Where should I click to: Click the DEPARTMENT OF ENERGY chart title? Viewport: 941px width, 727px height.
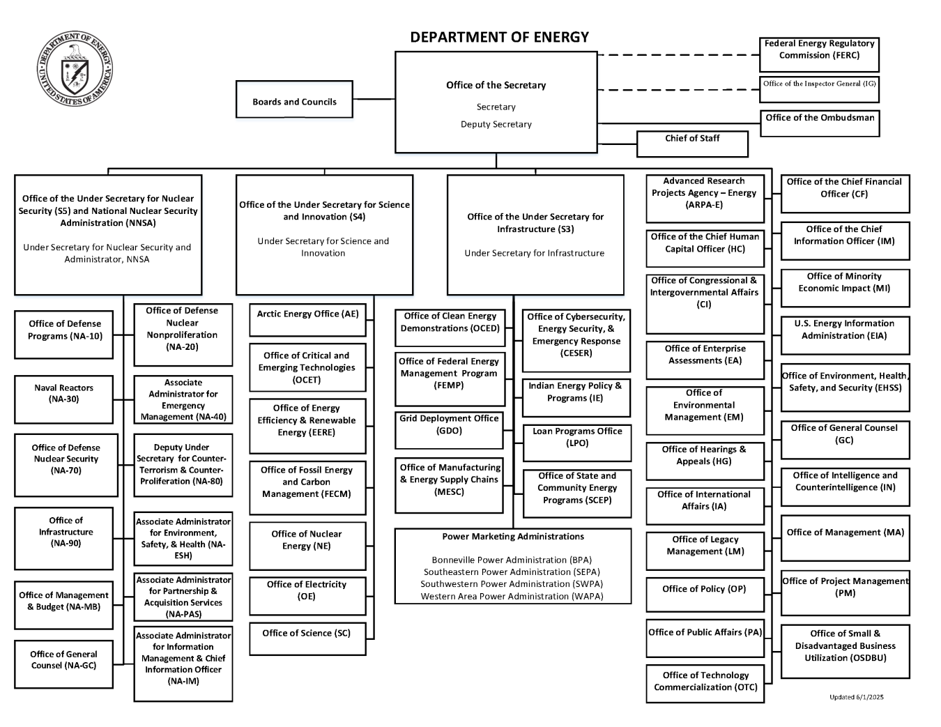[x=499, y=38]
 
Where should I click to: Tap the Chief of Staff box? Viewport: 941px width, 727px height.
[x=692, y=144]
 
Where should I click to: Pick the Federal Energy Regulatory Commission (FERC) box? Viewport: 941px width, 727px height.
[x=819, y=54]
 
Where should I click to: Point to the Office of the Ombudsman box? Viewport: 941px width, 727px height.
[x=820, y=123]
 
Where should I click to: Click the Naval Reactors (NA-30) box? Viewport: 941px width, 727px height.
[x=63, y=399]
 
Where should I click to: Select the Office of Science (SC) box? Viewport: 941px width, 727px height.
[x=307, y=638]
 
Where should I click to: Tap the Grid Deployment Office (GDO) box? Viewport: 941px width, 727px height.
[x=449, y=429]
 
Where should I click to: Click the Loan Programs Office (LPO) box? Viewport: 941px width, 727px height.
[x=577, y=443]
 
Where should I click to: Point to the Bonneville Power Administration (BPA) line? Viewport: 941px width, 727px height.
[x=512, y=560]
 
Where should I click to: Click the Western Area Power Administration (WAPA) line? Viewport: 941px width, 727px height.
[x=512, y=596]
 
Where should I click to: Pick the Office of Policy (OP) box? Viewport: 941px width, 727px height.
[x=705, y=595]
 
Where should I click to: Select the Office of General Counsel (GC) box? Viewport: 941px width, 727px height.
[x=845, y=440]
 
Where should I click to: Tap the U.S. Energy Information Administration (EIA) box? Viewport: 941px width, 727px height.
[x=845, y=335]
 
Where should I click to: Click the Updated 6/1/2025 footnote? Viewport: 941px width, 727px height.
[x=856, y=697]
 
